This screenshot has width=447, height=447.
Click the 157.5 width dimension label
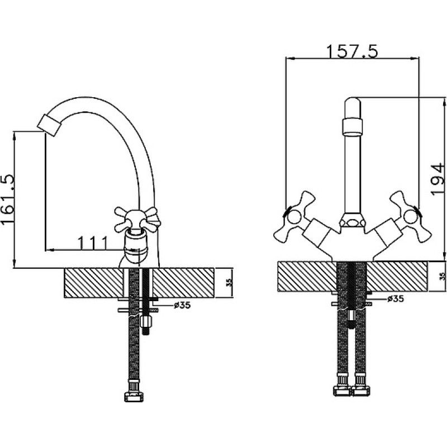coord(353,51)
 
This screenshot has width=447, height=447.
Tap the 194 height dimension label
coord(438,179)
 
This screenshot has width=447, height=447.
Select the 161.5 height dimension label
coord(8,199)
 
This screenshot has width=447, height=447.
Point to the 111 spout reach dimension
coord(93,243)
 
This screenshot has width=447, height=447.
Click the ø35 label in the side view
coord(183,305)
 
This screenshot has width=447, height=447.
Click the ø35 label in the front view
coord(396,299)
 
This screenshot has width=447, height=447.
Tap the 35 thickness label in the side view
coord(230,282)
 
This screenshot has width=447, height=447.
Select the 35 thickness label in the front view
coord(442,275)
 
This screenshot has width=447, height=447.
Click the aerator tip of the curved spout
coord(49,125)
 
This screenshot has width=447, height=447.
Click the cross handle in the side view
coord(136,220)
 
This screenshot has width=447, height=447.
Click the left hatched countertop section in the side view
coord(94,283)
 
